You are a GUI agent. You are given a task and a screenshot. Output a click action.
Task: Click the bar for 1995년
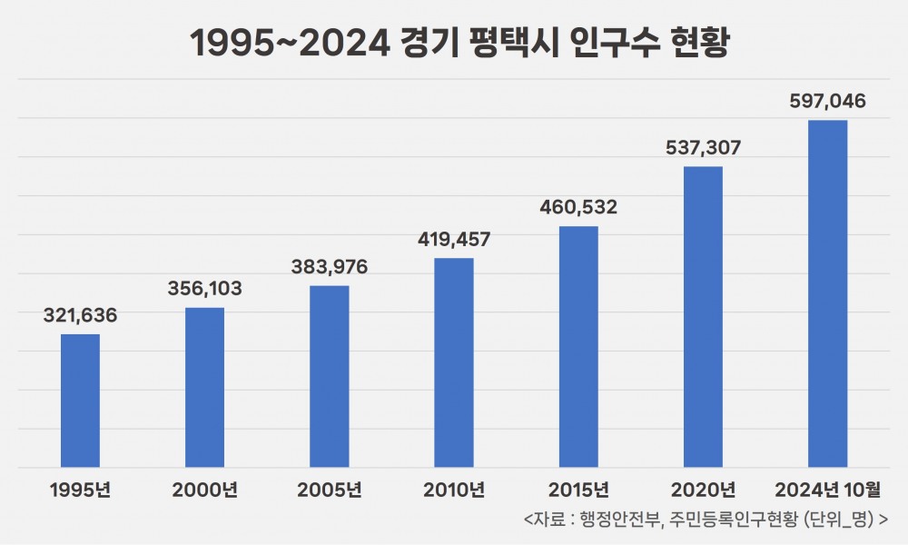[80, 401]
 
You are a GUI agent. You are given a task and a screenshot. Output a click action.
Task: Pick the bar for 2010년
[454, 362]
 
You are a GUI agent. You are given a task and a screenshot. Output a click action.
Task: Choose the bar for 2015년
[578, 346]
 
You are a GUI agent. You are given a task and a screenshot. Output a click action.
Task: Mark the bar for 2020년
[703, 317]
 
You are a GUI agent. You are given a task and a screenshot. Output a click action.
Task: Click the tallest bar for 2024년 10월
[827, 293]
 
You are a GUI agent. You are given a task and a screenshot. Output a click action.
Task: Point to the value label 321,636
[80, 316]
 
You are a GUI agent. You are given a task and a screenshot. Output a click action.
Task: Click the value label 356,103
[204, 289]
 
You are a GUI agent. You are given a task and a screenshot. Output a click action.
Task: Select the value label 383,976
[329, 267]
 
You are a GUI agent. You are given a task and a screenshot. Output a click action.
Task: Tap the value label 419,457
[454, 240]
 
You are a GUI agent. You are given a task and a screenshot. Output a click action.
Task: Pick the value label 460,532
[578, 207]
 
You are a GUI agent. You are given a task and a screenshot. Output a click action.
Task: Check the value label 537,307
[703, 148]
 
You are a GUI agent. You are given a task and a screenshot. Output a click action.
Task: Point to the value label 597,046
[827, 101]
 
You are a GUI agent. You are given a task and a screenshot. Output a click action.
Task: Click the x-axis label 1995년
[80, 490]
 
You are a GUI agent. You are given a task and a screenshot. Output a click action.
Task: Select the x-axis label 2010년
[454, 490]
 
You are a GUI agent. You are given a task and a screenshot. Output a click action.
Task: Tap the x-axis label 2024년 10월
[827, 490]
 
